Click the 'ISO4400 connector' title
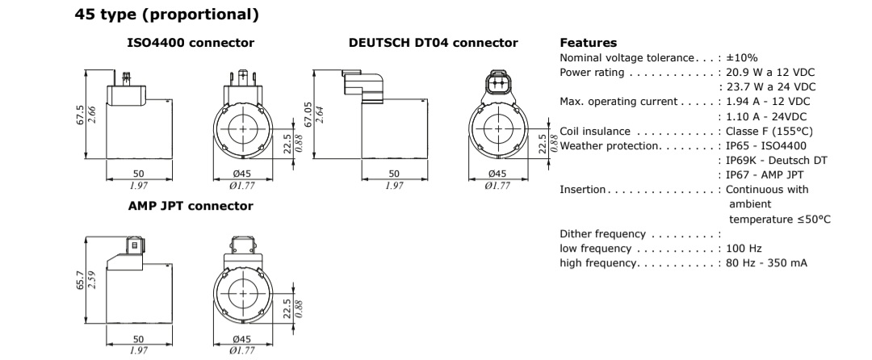[x=191, y=42]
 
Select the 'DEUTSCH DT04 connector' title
[x=433, y=42]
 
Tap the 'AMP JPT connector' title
[x=191, y=206]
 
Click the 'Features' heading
[x=588, y=42]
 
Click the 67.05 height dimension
[x=307, y=114]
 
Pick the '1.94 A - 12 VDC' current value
[x=767, y=101]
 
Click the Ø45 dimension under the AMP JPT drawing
[x=243, y=339]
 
